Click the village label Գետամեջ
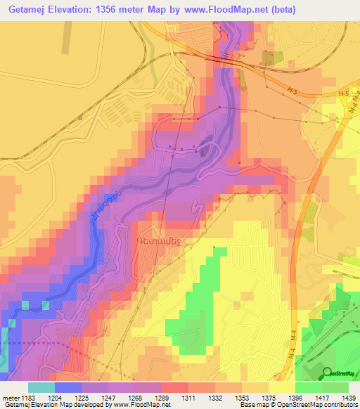click(153, 238)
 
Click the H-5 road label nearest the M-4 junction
click(342, 93)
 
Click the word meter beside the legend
click(11, 397)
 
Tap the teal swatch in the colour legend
click(41, 387)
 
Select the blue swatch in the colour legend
click(67, 387)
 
